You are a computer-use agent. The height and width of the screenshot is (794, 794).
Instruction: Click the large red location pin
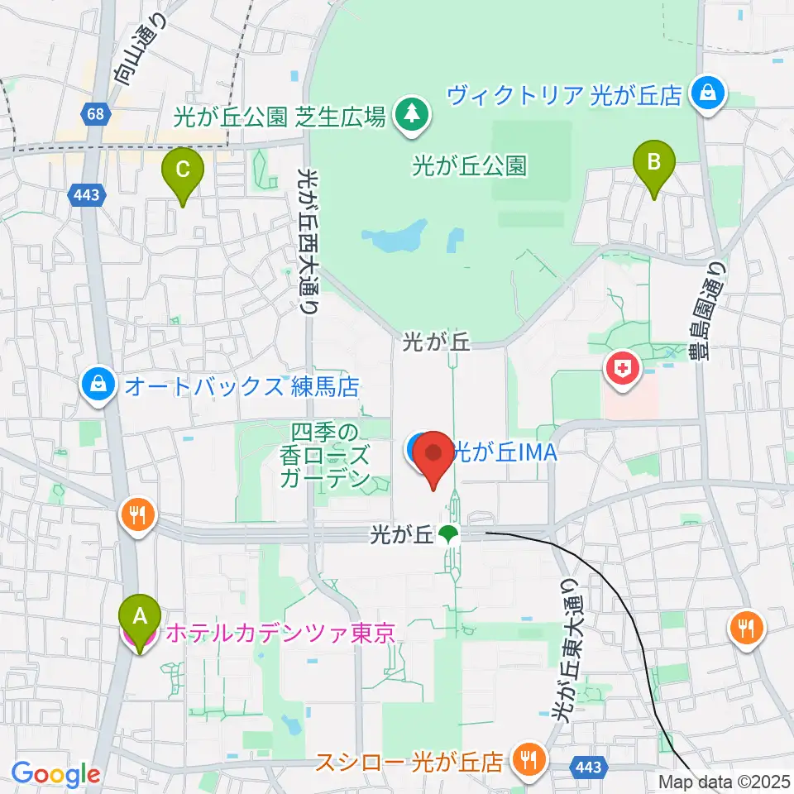coord(433,456)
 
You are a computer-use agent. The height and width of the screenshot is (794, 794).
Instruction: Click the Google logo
coord(55,774)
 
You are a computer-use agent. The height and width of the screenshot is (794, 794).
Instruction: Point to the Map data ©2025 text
coord(725,781)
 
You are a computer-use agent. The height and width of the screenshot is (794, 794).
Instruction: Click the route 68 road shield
coord(94,114)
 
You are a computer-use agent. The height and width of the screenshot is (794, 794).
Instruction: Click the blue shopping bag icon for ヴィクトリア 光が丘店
coord(709,93)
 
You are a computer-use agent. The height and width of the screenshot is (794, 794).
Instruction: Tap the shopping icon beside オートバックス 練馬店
coord(98,386)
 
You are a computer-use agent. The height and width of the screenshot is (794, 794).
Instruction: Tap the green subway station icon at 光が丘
coord(448,534)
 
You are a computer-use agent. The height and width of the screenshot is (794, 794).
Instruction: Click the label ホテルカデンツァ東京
coord(280,634)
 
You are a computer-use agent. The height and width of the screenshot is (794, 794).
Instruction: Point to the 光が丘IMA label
coord(504,452)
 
